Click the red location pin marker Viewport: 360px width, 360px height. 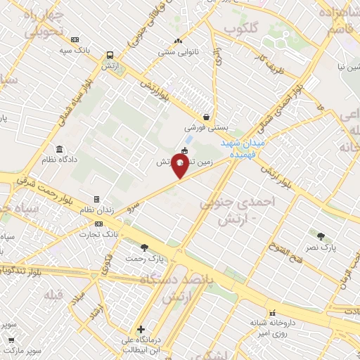[x=180, y=167]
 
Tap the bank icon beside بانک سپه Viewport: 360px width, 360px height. [x=76, y=39]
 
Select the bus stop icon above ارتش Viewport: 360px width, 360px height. [x=110, y=55]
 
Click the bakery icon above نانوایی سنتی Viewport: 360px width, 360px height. [x=178, y=41]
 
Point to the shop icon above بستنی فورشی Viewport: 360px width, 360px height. [x=205, y=117]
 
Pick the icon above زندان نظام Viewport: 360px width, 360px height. [x=97, y=200]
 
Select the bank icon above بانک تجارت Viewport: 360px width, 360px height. [x=98, y=224]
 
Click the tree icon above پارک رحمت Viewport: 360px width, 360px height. [x=144, y=247]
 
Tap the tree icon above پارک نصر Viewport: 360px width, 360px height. [x=321, y=236]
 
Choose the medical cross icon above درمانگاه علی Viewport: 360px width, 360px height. [x=141, y=328]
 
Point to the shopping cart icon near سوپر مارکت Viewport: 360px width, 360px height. [x=11, y=340]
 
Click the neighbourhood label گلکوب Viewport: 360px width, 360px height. [x=239, y=28]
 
